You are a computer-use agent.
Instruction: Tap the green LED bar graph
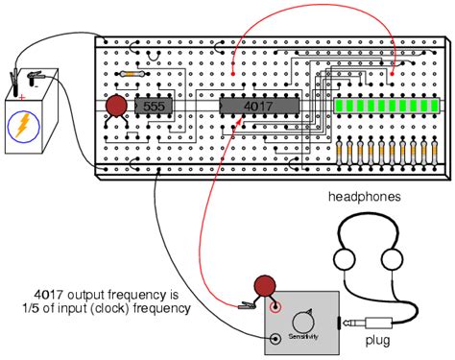click(387, 107)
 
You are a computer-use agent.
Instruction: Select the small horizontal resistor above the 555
click(132, 72)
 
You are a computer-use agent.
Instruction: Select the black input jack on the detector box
click(277, 339)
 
